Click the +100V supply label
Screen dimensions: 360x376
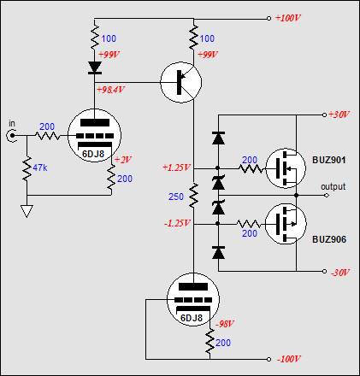point(288,18)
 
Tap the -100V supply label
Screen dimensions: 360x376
point(289,359)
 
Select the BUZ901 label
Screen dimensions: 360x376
point(329,160)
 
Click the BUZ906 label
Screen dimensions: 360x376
point(329,239)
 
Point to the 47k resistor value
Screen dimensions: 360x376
point(40,167)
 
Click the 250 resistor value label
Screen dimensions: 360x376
point(176,197)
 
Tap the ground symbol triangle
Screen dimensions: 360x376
point(27,211)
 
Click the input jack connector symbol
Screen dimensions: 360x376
point(11,136)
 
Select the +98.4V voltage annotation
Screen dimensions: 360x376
point(110,90)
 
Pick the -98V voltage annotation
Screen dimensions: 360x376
point(225,324)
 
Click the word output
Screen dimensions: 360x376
point(333,186)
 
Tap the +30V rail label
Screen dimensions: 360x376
point(339,115)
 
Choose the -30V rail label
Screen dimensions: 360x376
point(339,273)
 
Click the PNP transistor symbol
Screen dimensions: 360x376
point(181,82)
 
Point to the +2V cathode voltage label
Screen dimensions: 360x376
point(122,160)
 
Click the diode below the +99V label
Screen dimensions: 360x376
point(95,68)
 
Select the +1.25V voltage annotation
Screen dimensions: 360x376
point(176,167)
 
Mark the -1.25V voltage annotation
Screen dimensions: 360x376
point(177,223)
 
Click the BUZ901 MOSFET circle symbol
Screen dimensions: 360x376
point(286,168)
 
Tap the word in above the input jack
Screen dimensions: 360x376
point(12,124)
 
